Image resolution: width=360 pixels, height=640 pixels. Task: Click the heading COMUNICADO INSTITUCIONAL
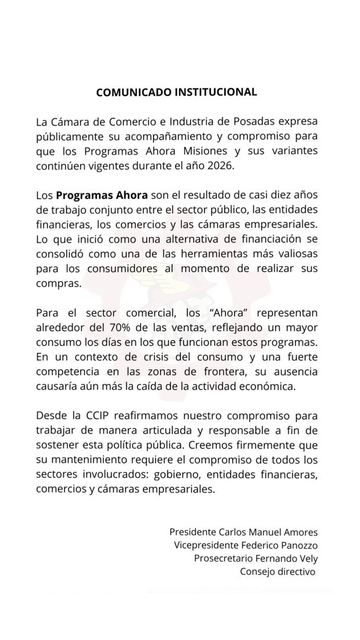tap(176, 92)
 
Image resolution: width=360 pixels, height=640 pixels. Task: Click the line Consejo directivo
tap(277, 572)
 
